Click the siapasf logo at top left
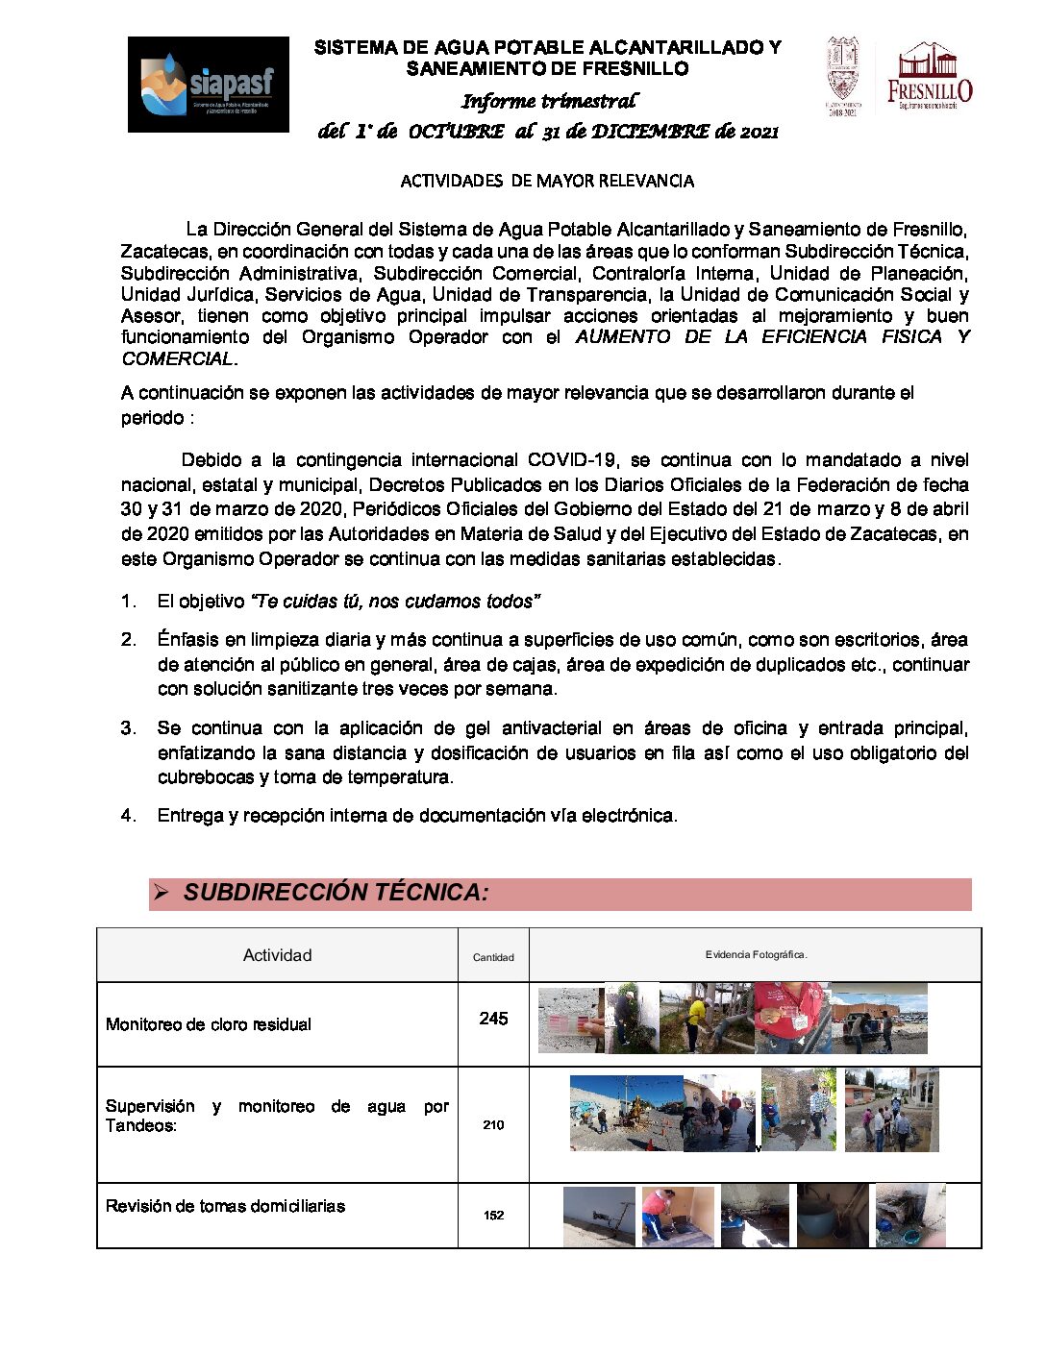tap(208, 85)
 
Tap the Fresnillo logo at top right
tap(929, 77)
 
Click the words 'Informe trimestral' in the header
tap(548, 101)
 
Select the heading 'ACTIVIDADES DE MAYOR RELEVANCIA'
tap(547, 181)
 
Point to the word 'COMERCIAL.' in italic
tap(179, 358)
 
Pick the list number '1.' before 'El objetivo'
tap(129, 602)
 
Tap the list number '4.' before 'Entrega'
tap(129, 816)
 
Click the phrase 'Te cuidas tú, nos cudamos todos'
tap(394, 602)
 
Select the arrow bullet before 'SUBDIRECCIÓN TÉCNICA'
tap(162, 893)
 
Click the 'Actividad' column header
tap(277, 955)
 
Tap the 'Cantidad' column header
tap(493, 957)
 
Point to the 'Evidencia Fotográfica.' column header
tap(756, 955)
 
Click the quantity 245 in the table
tap(493, 1019)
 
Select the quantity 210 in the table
tap(493, 1124)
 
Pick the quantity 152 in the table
tap(493, 1216)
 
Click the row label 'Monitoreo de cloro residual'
tap(209, 1024)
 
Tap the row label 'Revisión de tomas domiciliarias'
tap(225, 1206)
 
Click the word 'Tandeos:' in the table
tap(141, 1126)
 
